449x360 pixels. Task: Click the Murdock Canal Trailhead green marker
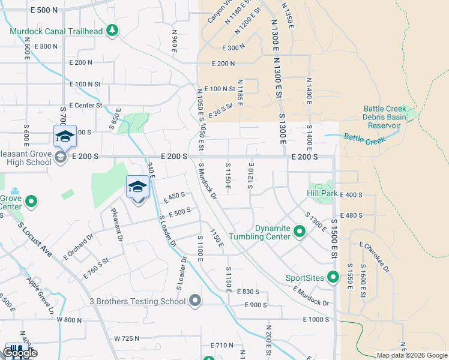click(112, 30)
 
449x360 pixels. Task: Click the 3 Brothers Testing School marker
click(194, 301)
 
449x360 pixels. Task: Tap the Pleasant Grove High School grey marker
click(60, 158)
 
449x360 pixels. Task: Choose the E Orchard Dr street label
click(79, 247)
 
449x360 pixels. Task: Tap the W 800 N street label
click(69, 320)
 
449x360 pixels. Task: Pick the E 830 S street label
click(247, 292)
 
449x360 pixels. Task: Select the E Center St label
click(88, 105)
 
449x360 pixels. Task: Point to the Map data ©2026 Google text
click(411, 355)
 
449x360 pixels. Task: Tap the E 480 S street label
click(352, 215)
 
